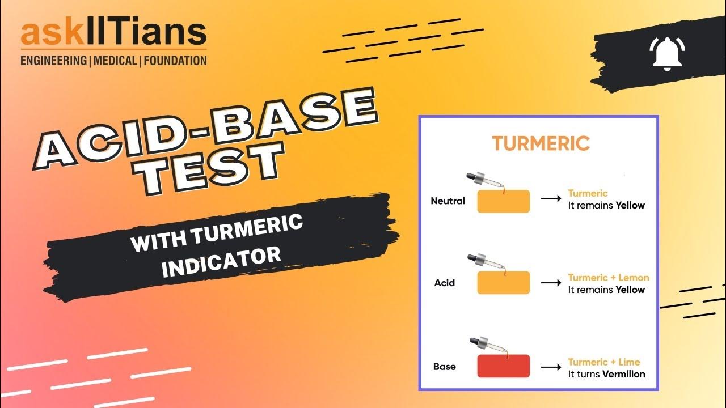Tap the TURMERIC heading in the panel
tap(541, 143)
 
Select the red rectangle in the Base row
tap(503, 366)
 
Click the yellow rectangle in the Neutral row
tap(503, 201)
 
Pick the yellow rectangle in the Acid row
tap(503, 283)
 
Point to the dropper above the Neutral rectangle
tap(483, 181)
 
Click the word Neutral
tap(448, 201)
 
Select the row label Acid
tap(445, 283)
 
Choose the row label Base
tap(444, 367)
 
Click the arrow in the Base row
tap(551, 367)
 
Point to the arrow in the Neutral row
tap(551, 199)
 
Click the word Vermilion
tap(623, 374)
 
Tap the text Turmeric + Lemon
tap(609, 278)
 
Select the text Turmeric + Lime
tap(603, 362)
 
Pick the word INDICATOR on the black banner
tap(221, 258)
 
